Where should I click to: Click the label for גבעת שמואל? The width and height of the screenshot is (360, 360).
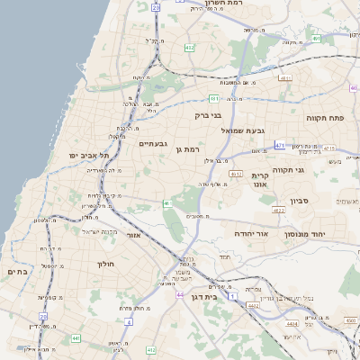[x=243, y=130]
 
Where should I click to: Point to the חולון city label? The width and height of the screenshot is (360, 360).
[x=106, y=264]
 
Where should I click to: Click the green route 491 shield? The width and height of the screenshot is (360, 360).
[x=316, y=39]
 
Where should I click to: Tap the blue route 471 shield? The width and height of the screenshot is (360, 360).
[x=281, y=145]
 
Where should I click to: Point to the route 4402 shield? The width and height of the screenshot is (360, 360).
[x=254, y=305]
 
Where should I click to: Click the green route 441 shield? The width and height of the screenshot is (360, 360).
[x=76, y=338]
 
